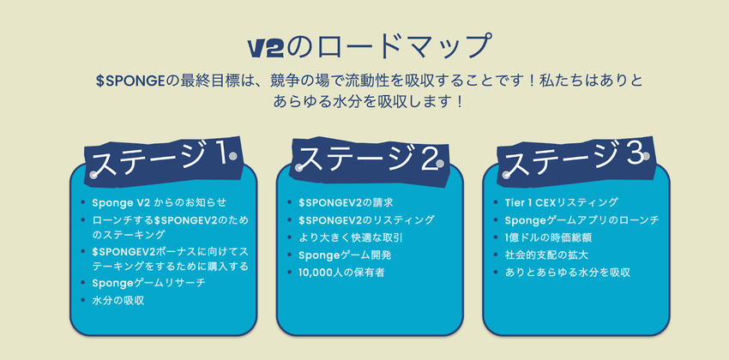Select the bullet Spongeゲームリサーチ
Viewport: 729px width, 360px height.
click(148, 283)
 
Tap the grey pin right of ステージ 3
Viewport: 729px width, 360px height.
click(645, 157)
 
